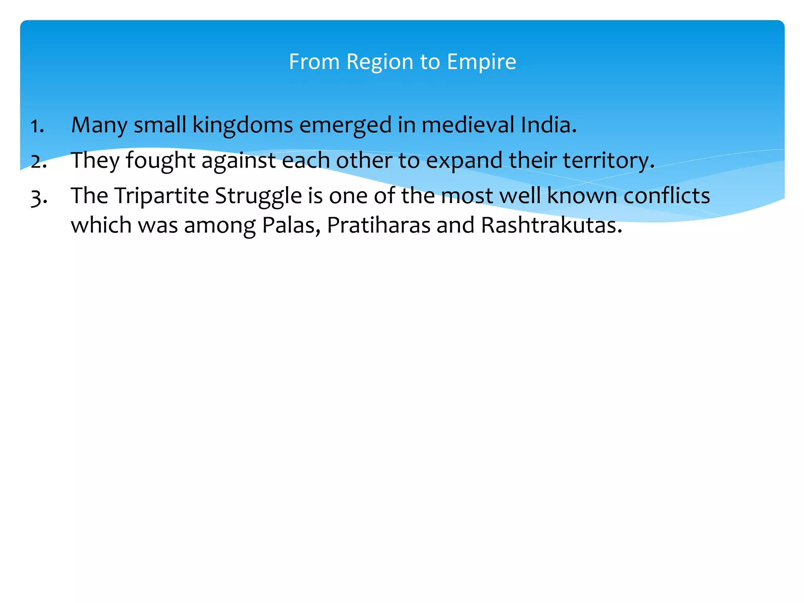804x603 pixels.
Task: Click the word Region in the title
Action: pos(380,62)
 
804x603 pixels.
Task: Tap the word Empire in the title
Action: pos(481,62)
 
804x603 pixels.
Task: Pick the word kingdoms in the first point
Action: pos(243,126)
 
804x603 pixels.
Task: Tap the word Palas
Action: pos(291,225)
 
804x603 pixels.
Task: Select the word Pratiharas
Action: pos(378,225)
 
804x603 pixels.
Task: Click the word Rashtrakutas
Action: pos(552,225)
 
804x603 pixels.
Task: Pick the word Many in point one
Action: pos(99,126)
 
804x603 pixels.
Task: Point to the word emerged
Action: pos(345,126)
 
